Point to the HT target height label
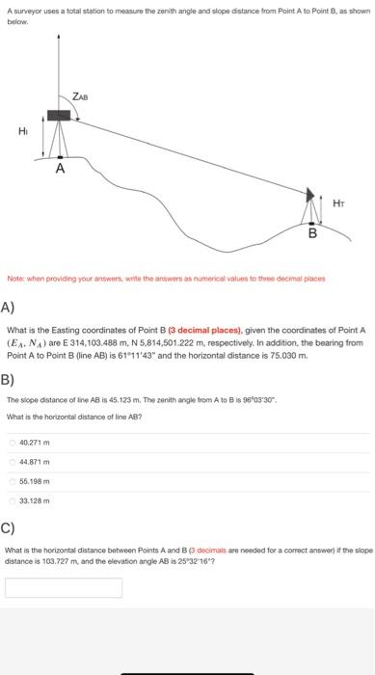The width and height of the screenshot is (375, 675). pos(336,202)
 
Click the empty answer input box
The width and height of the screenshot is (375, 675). pos(64,587)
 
